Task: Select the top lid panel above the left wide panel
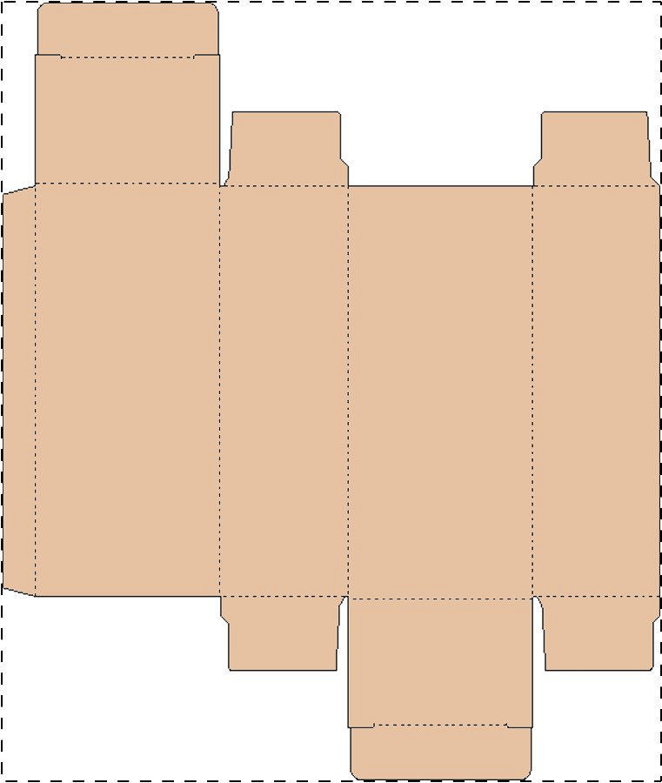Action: pos(127,120)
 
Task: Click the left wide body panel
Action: pos(127,390)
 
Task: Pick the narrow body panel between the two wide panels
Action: pos(284,390)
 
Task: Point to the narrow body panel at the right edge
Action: pos(596,390)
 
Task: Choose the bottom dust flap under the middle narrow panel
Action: pos(283,633)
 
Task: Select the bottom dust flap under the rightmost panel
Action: pos(598,633)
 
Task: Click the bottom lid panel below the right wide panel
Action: pos(440,661)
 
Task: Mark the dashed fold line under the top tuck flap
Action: pos(127,57)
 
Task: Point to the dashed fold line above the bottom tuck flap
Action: pos(440,725)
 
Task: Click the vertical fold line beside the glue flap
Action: pos(35,390)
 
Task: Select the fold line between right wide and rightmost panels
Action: pos(532,390)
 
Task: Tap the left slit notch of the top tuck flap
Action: pos(49,56)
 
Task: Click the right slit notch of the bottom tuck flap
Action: pos(518,726)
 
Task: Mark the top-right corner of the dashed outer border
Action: pos(659,3)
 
